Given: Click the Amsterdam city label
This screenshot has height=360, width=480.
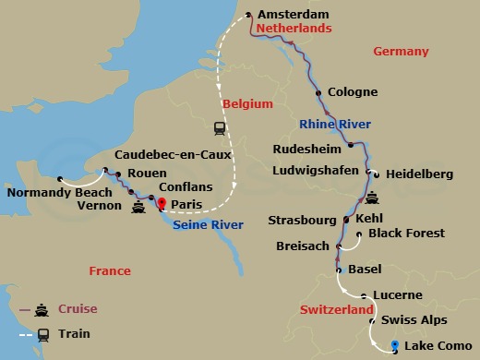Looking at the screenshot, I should point(294,15).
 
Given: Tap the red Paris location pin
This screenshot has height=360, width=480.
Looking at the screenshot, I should point(162,204).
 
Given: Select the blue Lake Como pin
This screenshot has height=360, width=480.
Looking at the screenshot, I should point(395,346).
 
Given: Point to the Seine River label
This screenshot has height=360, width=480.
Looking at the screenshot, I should point(209,224).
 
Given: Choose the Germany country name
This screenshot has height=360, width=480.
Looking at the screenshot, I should point(402,52).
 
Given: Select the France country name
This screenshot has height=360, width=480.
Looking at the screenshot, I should point(110,270).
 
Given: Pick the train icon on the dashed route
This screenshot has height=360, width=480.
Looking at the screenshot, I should point(220,128).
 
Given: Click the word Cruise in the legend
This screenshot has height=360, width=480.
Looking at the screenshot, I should point(78,308).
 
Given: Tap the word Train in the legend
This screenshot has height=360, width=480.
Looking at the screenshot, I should point(74,334).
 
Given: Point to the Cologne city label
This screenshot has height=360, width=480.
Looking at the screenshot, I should point(353,92).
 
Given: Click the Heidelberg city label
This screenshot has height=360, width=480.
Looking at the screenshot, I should point(420,173).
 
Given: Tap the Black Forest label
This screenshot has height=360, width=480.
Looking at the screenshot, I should point(406,234).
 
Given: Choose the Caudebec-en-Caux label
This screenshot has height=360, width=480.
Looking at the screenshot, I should point(172,155).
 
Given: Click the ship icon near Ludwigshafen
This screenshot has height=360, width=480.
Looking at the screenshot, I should point(372,198).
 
